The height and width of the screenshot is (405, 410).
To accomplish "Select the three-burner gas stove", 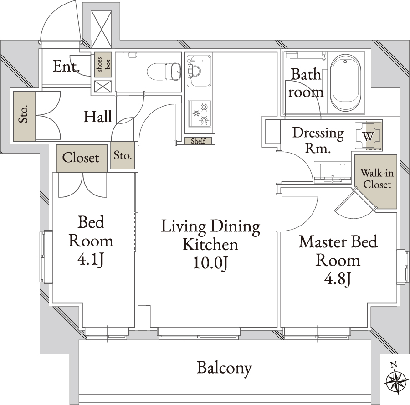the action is click(200, 113).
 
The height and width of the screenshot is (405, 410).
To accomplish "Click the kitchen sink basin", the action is click(199, 71).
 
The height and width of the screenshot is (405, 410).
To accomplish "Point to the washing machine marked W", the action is click(369, 136).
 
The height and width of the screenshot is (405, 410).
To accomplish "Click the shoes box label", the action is click(103, 64).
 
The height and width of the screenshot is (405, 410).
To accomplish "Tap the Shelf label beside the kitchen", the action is click(198, 141).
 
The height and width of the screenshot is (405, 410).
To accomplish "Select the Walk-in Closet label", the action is click(377, 179).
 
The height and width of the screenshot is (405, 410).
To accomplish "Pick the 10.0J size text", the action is click(210, 263).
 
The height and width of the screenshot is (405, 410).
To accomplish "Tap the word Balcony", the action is click(224, 368).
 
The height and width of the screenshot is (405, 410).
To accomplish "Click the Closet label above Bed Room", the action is click(81, 158).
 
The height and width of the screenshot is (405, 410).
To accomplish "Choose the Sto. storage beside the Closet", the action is click(123, 155).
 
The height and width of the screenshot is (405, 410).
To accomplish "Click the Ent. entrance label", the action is click(67, 66).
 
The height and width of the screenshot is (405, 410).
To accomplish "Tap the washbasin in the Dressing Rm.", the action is click(332, 172).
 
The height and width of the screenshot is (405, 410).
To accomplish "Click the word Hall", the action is click(98, 117).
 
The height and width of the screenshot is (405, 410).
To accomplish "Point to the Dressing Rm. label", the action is click(318, 140).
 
